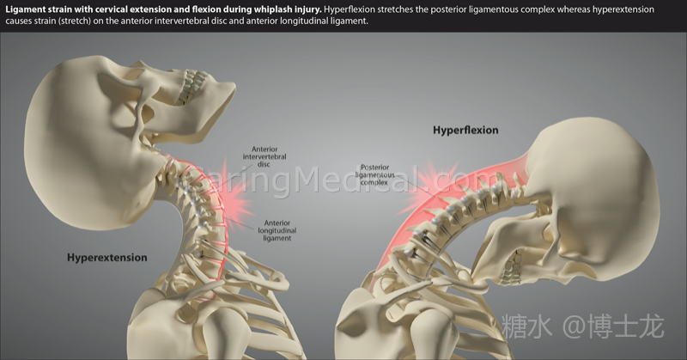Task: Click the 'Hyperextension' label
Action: pos(106,258)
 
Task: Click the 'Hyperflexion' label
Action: pos(465,131)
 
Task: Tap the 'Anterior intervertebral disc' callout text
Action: pos(264,156)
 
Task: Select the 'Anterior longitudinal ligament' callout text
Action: pos(277,230)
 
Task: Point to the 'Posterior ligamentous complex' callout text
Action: pos(374,174)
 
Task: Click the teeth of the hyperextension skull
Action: pos(192,87)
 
